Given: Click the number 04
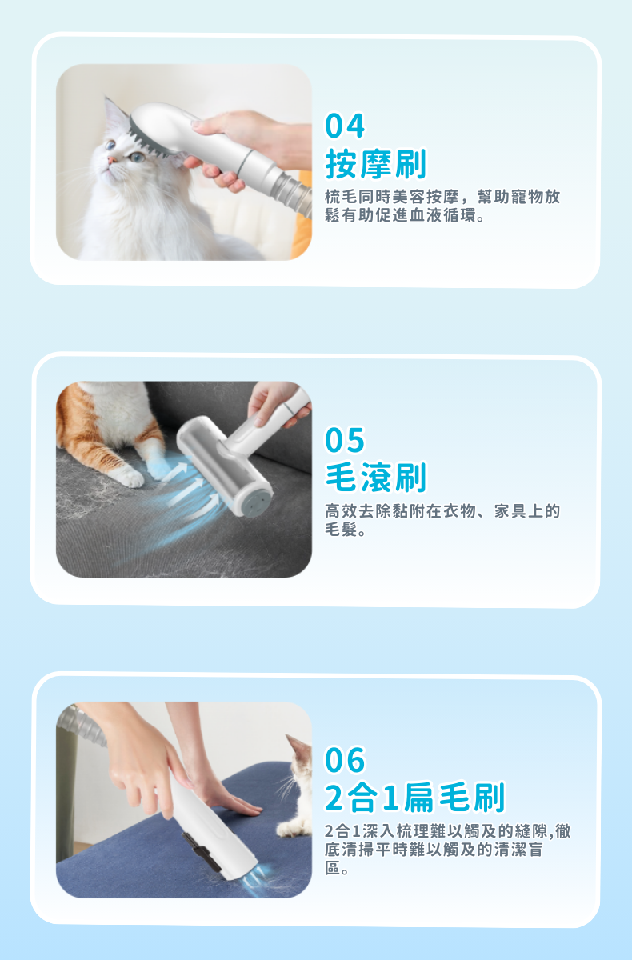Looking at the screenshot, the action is (x=345, y=126).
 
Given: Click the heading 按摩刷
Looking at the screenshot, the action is (x=376, y=164).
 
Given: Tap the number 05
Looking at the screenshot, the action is (x=345, y=440).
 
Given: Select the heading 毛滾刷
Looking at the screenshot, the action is (x=376, y=477).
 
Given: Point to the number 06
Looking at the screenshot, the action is (x=345, y=760).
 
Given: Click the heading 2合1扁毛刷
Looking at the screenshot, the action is (x=414, y=797).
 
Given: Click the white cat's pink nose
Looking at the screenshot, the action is (x=111, y=160).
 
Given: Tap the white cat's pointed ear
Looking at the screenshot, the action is (x=113, y=111).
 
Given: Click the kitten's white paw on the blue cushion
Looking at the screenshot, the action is (x=291, y=829).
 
